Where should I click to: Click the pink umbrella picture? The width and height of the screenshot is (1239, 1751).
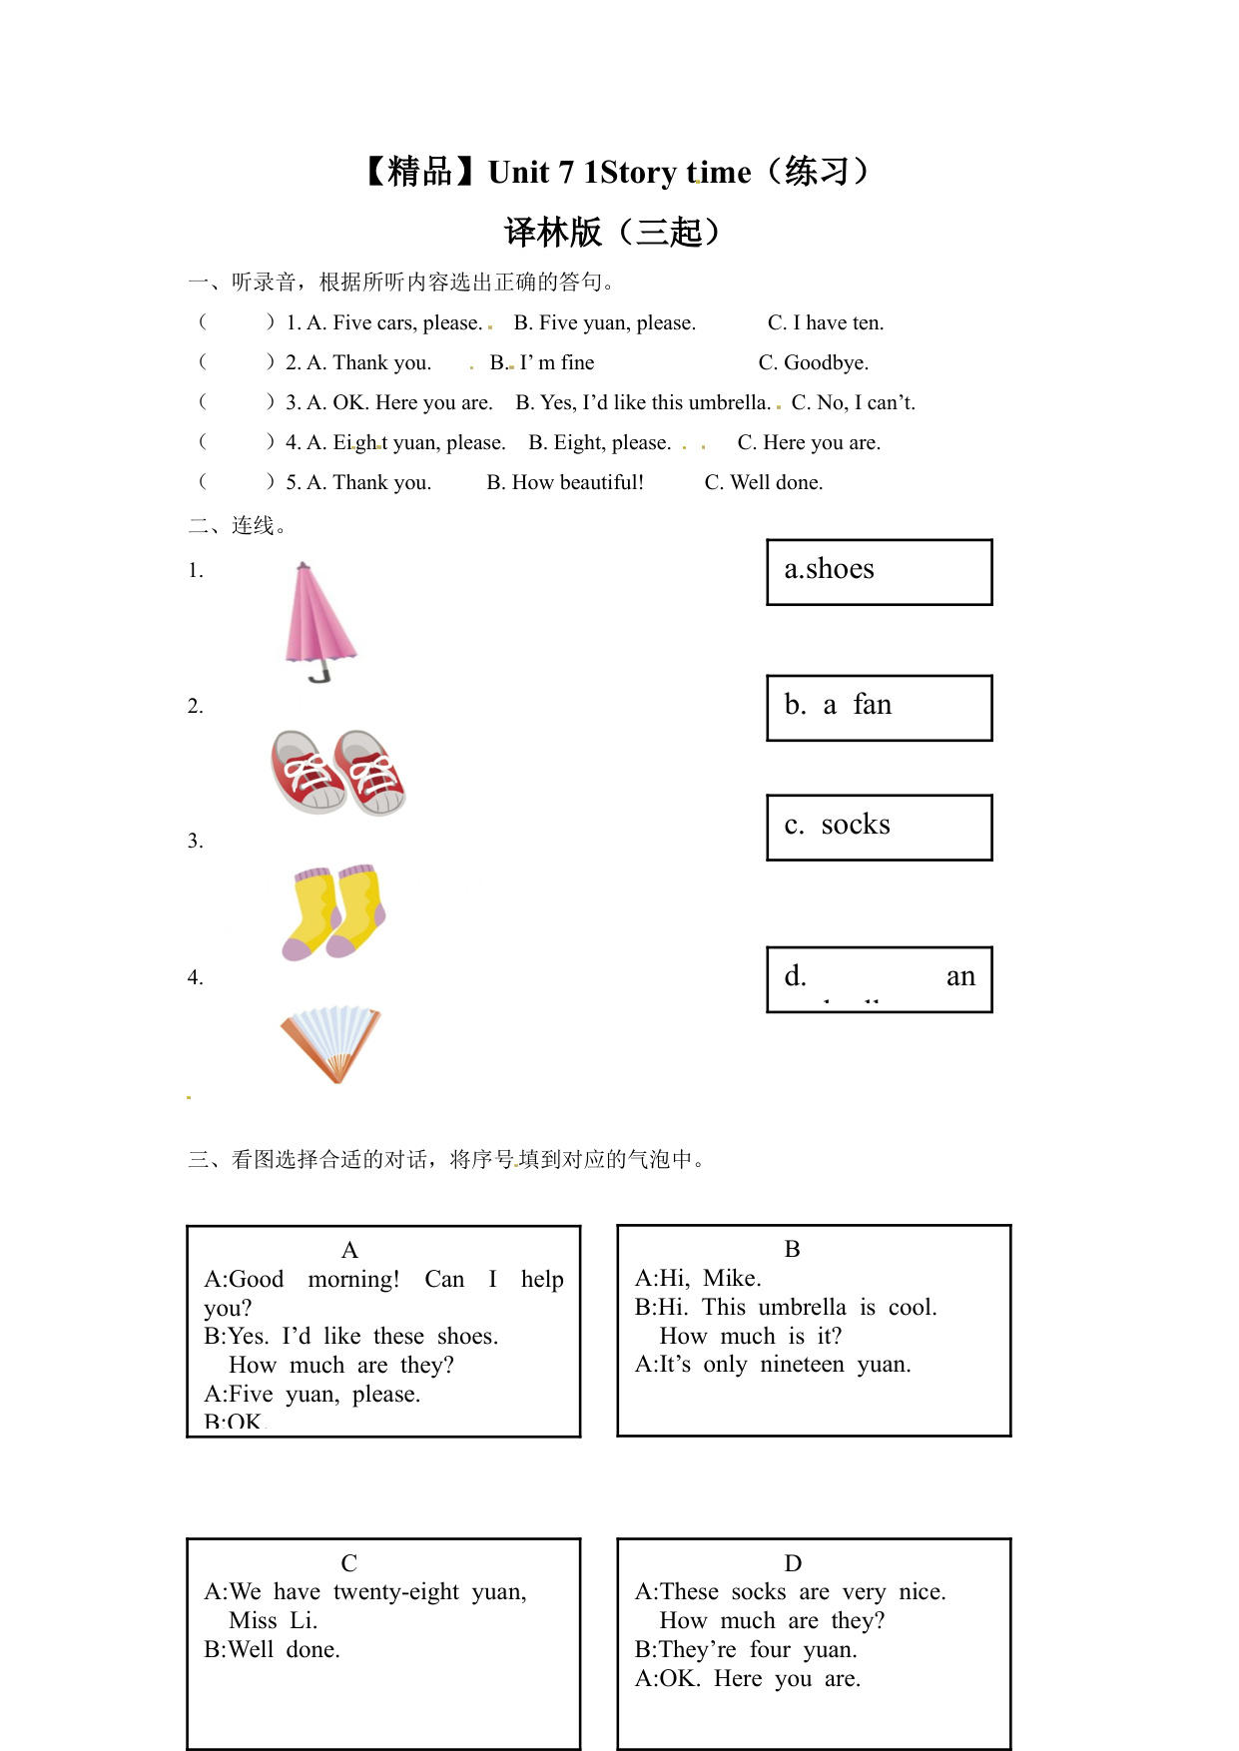point(319,619)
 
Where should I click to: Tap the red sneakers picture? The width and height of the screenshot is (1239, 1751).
point(338,772)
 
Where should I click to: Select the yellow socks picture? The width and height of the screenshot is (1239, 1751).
point(334,911)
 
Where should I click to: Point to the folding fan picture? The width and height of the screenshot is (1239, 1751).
point(332,1042)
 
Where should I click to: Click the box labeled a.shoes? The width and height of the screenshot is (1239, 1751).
point(879,572)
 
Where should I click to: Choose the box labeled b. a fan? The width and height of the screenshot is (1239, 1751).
point(879,708)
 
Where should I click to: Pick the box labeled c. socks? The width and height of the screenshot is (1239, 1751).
point(879,827)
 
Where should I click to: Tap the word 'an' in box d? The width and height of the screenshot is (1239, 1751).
point(960,976)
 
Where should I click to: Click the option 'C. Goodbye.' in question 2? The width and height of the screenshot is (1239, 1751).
point(813,362)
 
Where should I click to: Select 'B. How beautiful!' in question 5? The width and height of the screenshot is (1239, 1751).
point(565,482)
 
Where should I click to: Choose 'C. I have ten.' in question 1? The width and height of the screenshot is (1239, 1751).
point(825,322)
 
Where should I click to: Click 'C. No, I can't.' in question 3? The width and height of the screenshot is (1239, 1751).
point(853,402)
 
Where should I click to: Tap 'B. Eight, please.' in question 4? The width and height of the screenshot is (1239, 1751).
point(599,442)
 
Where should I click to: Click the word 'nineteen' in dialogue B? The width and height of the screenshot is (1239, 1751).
point(802,1364)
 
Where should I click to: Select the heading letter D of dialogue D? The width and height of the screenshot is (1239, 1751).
point(793,1563)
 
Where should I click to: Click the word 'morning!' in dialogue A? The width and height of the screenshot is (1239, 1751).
point(353,1279)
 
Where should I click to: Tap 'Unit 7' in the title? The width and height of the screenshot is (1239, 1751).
point(530,173)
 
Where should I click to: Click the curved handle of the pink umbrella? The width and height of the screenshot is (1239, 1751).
point(319,676)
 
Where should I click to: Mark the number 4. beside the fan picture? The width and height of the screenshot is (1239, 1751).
point(195,977)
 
